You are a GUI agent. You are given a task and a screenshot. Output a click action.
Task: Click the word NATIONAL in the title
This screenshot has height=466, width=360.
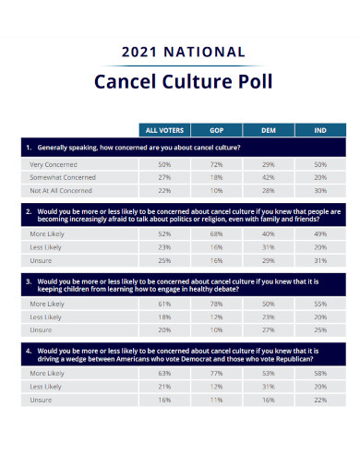pos(204,52)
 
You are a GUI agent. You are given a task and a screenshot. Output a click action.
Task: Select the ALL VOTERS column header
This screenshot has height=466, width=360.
pos(164,130)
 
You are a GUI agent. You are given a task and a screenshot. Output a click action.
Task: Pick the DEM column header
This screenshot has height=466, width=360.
pos(269,130)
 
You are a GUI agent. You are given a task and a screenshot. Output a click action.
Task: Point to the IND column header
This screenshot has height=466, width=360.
pos(320,130)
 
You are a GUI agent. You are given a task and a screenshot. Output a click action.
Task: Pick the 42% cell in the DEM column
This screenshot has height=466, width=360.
pos(269,177)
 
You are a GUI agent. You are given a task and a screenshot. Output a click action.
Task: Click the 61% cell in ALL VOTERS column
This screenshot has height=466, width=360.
pos(164,304)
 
